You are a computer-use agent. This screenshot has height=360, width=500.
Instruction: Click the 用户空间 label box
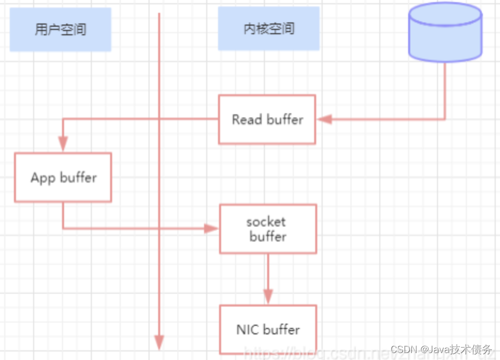(x=60, y=29)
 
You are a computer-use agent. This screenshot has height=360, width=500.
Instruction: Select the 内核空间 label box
(x=269, y=29)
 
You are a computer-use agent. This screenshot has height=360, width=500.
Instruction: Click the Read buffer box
(x=267, y=120)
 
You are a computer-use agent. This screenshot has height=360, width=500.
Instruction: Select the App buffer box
(x=63, y=177)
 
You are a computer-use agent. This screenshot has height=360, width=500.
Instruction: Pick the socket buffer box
(x=268, y=229)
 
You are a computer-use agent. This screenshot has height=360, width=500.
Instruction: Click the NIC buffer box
(x=268, y=329)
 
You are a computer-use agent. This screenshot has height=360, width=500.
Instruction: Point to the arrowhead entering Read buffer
(x=324, y=119)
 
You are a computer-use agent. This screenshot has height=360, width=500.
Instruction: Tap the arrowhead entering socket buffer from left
(x=212, y=229)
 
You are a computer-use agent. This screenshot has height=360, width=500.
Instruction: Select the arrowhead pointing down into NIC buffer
(x=268, y=296)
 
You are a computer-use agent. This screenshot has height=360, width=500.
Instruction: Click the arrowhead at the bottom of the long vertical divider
(x=159, y=342)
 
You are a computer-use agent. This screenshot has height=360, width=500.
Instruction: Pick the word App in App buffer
(x=43, y=178)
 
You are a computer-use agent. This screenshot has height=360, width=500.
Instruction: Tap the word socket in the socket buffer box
(x=266, y=221)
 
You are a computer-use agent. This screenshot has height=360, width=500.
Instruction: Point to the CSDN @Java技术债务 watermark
(x=441, y=349)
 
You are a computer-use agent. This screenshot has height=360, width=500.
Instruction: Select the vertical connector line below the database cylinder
(x=445, y=91)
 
